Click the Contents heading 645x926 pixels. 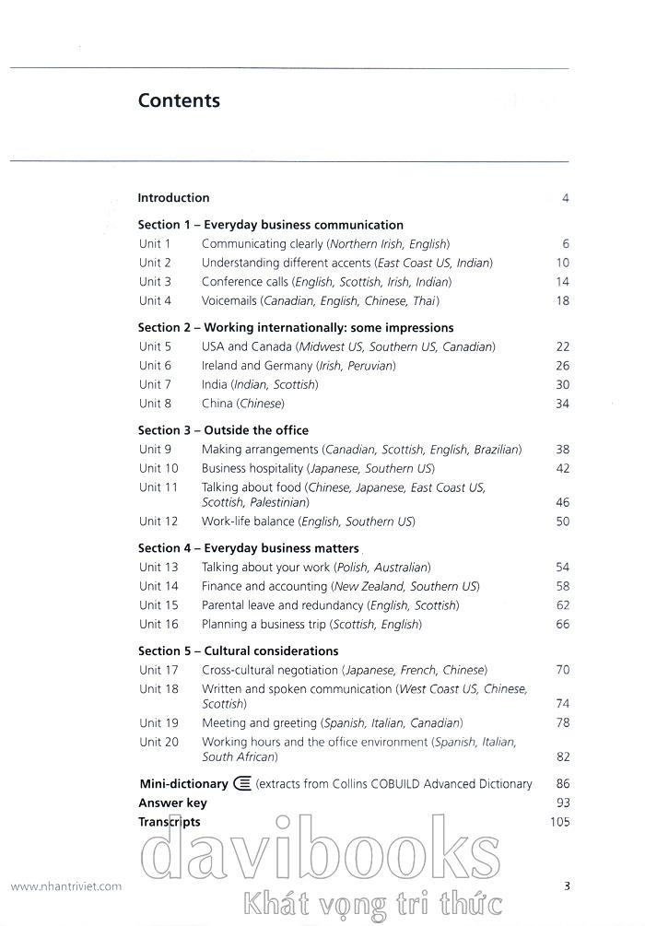click(179, 100)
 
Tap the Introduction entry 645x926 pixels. click(173, 197)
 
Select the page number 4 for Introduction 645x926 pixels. click(565, 198)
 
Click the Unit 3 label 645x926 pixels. click(155, 282)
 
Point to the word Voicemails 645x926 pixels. click(229, 300)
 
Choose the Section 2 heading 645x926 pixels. click(295, 327)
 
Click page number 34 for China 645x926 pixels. click(562, 404)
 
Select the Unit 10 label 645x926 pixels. click(158, 468)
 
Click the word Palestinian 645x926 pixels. click(277, 503)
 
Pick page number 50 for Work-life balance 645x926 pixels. click(562, 522)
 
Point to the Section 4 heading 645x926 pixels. click(248, 548)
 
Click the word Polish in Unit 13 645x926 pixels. click(355, 568)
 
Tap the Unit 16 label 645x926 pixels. click(158, 624)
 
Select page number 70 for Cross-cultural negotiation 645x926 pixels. click(562, 670)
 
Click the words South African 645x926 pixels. click(238, 757)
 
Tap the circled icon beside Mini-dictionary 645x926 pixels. click(243, 784)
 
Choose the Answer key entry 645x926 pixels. click(172, 803)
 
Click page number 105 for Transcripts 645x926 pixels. click(559, 822)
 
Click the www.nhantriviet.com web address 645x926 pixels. click(65, 886)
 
